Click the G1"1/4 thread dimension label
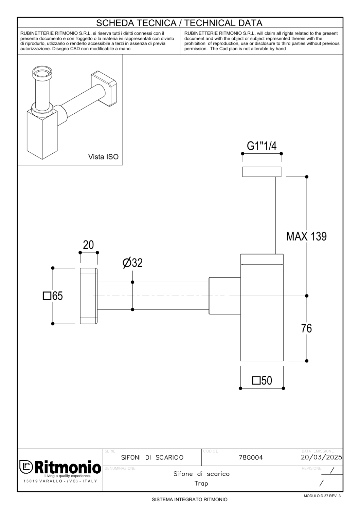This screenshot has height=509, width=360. click(262, 146)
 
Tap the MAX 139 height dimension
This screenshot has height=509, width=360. click(306, 237)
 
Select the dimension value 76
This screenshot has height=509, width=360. click(306, 328)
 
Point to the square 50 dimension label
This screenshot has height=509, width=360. click(262, 380)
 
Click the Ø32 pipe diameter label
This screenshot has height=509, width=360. click(132, 263)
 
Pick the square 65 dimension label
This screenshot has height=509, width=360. click(53, 296)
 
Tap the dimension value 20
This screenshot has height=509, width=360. click(88, 245)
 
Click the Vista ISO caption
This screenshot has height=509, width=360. click(103, 157)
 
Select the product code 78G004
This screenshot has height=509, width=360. click(251, 457)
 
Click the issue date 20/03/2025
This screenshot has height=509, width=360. click(321, 457)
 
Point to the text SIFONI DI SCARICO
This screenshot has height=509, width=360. click(152, 457)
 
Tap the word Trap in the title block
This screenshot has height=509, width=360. click(201, 483)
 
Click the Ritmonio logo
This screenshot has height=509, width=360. click(60, 467)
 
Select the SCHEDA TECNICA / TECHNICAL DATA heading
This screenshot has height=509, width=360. click(179, 23)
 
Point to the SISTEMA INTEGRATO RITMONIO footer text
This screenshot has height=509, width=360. click(190, 499)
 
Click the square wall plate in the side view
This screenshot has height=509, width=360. click(89, 296)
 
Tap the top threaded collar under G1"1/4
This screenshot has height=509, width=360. click(262, 172)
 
